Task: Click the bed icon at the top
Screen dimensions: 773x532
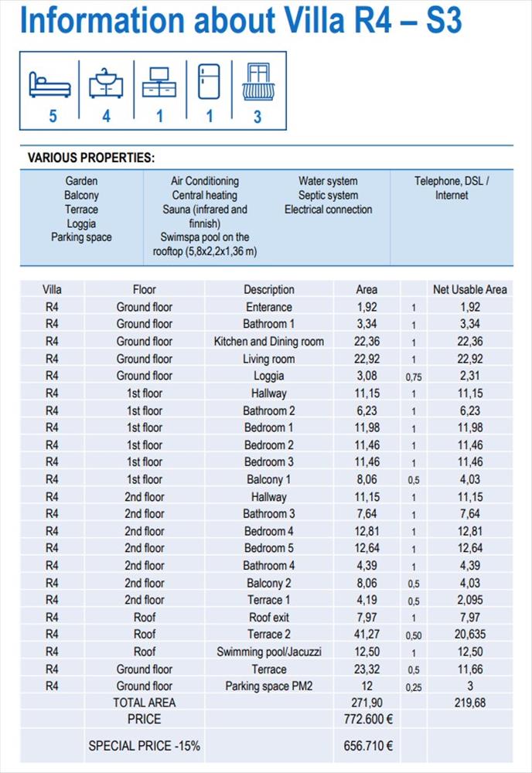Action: pyautogui.click(x=49, y=83)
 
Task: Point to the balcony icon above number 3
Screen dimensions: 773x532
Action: pyautogui.click(x=257, y=82)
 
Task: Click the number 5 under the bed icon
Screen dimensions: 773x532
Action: pyautogui.click(x=53, y=116)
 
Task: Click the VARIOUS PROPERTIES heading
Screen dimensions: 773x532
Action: pyautogui.click(x=91, y=158)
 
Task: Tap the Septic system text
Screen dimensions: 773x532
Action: pyautogui.click(x=328, y=196)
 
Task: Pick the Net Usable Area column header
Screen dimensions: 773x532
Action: pyautogui.click(x=469, y=290)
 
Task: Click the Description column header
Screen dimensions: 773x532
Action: pyautogui.click(x=269, y=290)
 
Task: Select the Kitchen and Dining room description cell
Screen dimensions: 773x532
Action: pyautogui.click(x=269, y=342)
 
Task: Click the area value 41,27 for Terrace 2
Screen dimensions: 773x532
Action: pyautogui.click(x=367, y=635)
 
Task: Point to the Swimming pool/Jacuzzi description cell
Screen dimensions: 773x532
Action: pyautogui.click(x=269, y=652)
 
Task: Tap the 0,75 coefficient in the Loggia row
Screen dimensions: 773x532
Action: pyautogui.click(x=414, y=377)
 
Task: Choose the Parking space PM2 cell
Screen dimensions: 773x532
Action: pyautogui.click(x=269, y=686)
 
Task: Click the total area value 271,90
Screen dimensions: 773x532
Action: pyautogui.click(x=367, y=703)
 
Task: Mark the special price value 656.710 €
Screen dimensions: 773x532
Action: pyautogui.click(x=369, y=746)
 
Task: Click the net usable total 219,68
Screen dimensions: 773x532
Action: pyautogui.click(x=469, y=703)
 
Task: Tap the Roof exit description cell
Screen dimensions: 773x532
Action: pyautogui.click(x=269, y=618)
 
